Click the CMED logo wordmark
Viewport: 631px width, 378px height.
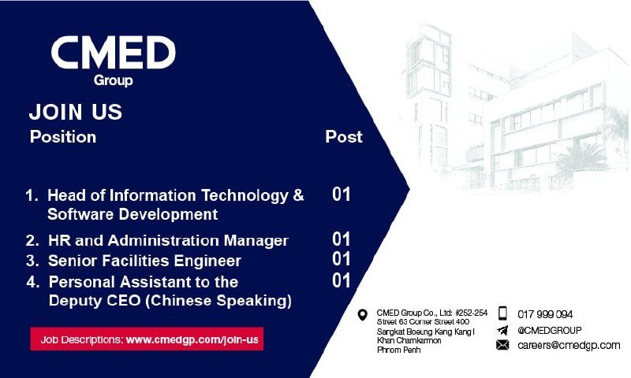tap(113, 52)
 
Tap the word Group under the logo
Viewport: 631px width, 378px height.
tap(113, 80)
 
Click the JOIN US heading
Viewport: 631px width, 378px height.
tap(75, 112)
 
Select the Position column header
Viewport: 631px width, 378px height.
tap(63, 136)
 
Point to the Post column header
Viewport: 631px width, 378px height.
tap(344, 136)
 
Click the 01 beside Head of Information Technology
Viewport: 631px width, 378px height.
tap(342, 195)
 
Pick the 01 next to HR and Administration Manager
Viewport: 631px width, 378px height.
tap(342, 239)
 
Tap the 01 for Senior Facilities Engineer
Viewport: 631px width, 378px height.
tap(342, 259)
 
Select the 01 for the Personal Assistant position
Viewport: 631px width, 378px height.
tap(342, 280)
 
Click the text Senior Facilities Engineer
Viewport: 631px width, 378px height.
tap(144, 261)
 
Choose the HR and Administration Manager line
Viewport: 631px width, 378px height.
tap(168, 241)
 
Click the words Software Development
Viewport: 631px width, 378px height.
tap(133, 214)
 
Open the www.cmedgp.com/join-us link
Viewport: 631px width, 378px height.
tap(192, 340)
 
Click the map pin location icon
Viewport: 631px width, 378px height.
tap(363, 315)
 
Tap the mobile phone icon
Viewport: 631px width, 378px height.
tap(502, 313)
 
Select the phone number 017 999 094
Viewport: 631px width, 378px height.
tap(545, 314)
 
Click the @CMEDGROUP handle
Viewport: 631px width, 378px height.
tap(549, 331)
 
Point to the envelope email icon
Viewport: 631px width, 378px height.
tap(502, 345)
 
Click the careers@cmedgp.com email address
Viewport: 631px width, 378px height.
tap(569, 345)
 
